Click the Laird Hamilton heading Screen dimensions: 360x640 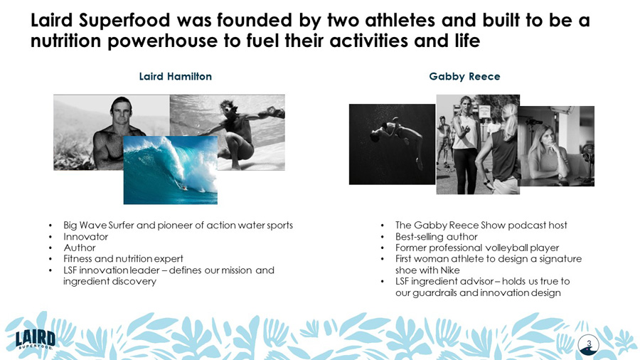[x=175, y=76]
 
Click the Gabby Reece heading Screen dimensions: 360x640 [x=464, y=76]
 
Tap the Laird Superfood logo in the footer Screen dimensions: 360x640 [x=36, y=339]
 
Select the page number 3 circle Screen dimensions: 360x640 [x=589, y=344]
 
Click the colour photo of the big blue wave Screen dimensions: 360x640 [x=171, y=171]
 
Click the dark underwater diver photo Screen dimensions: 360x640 [x=392, y=144]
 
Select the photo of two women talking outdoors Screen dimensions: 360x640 [x=478, y=144]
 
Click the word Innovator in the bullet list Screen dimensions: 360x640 [x=86, y=236]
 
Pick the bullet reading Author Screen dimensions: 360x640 [x=80, y=248]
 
